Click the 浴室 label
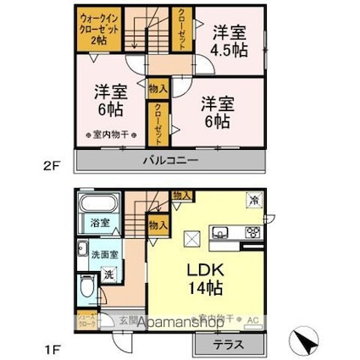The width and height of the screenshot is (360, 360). pos(98,223)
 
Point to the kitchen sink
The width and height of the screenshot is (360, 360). pos(222,233)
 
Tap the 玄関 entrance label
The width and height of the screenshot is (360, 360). pos(124,318)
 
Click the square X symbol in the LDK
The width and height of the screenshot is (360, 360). pos(191,239)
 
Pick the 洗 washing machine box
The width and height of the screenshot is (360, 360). pos(108,274)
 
